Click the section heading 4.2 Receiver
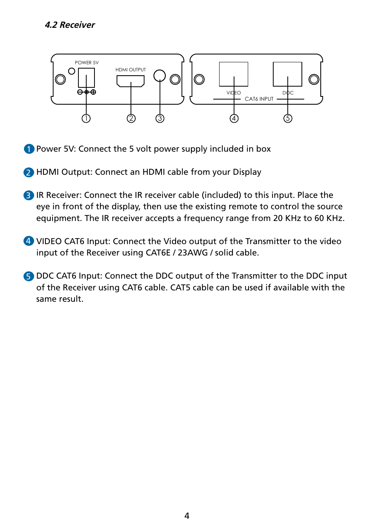[70, 25]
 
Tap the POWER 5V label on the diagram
[87, 63]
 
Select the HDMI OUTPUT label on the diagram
[131, 70]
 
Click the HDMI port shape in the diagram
[131, 81]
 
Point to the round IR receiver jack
[160, 75]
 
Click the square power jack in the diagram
[86, 78]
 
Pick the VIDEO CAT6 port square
[234, 74]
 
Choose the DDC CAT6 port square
[287, 74]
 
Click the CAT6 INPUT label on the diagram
[259, 99]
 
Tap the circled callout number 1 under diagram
[86, 118]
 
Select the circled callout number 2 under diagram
[131, 118]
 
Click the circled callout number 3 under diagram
[160, 118]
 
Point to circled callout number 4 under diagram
[234, 118]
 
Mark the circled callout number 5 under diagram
[288, 118]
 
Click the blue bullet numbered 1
[29, 149]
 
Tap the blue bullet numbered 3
[29, 195]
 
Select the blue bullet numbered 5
[29, 276]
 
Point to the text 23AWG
[192, 253]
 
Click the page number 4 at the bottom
[187, 516]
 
